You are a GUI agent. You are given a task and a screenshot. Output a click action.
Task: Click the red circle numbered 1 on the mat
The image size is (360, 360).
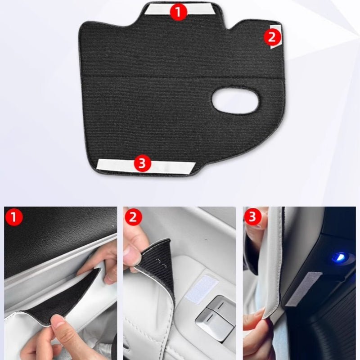point(179,12)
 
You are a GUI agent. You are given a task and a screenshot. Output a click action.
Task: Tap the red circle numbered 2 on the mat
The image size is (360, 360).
point(272,37)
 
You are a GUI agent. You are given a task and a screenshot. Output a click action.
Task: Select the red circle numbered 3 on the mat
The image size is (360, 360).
point(142,164)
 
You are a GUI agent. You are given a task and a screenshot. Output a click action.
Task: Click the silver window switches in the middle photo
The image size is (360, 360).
point(216,315)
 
